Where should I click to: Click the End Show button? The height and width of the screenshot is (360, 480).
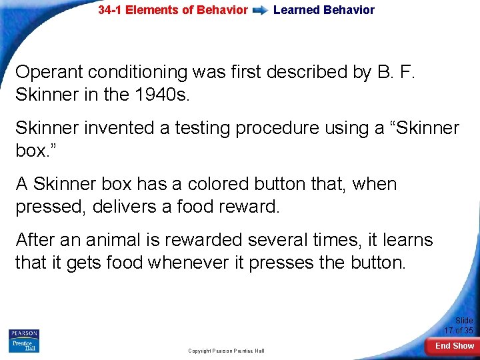[x=455, y=346]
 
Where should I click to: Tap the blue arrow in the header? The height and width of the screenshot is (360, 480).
[x=260, y=11]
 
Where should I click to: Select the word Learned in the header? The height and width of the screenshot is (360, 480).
[x=296, y=10]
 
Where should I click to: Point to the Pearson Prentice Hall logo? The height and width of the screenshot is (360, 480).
[x=24, y=341]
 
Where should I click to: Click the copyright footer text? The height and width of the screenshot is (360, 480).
[x=226, y=351]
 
